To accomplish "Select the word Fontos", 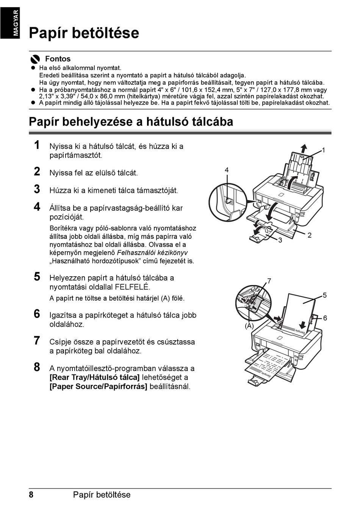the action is point(58,59).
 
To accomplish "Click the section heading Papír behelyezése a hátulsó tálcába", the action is point(131,122).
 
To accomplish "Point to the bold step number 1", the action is point(37,145).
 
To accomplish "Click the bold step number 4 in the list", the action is point(37,207).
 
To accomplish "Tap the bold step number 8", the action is point(37,367).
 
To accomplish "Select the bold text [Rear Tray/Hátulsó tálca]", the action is point(94,377).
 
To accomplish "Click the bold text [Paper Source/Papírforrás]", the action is point(98,387).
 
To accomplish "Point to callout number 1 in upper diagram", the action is point(324,150).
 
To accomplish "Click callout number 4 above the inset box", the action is point(226,171).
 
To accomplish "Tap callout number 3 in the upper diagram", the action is point(280,241).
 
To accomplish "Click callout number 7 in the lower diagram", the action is point(269,281).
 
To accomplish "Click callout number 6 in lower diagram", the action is point(325,318).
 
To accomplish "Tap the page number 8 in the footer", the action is point(31,495).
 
